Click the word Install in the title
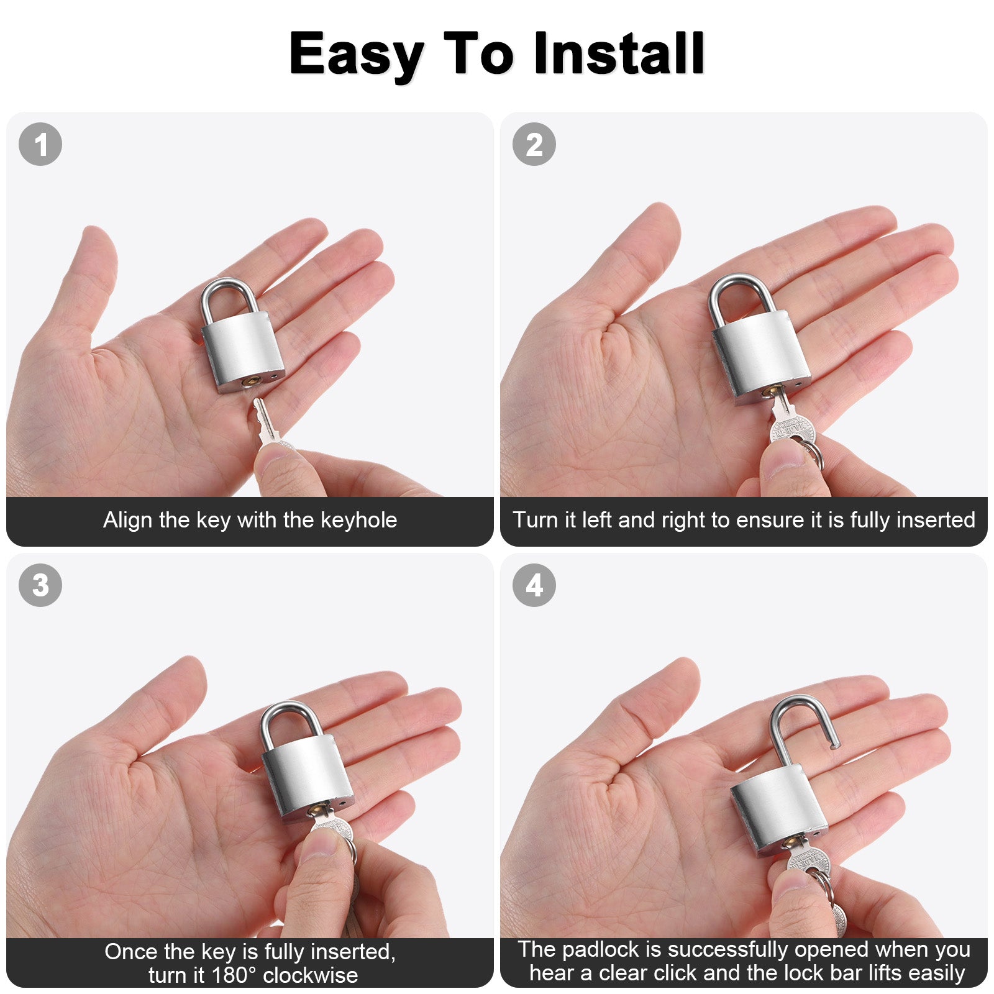[619, 53]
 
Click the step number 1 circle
[40, 145]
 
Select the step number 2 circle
[534, 145]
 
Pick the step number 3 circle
[40, 585]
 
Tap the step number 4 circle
[534, 585]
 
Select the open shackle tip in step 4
[834, 744]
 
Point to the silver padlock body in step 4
[780, 808]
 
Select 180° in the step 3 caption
[234, 975]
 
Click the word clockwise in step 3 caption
[311, 975]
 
